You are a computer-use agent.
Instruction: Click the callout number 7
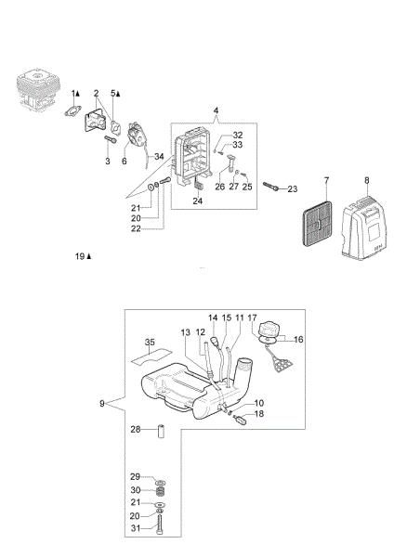pos(327,180)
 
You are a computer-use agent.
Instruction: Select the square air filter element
pos(317,224)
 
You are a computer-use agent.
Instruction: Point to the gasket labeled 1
pos(72,111)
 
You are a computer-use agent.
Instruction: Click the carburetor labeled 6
pos(137,135)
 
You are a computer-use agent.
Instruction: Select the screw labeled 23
pos(272,187)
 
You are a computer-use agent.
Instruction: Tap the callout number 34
pos(159,156)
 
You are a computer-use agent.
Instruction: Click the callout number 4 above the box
pos(216,110)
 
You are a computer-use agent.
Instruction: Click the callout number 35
pos(150,342)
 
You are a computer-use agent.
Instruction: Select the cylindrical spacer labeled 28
pos(161,431)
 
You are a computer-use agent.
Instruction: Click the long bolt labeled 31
pos(160,524)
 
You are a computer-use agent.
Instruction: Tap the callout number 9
pos(102,404)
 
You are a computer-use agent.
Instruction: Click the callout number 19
pos(80,256)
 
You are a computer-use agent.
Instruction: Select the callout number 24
pos(198,201)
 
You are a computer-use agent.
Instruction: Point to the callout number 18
pos(259,413)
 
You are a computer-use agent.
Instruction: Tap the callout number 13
pos(186,332)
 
